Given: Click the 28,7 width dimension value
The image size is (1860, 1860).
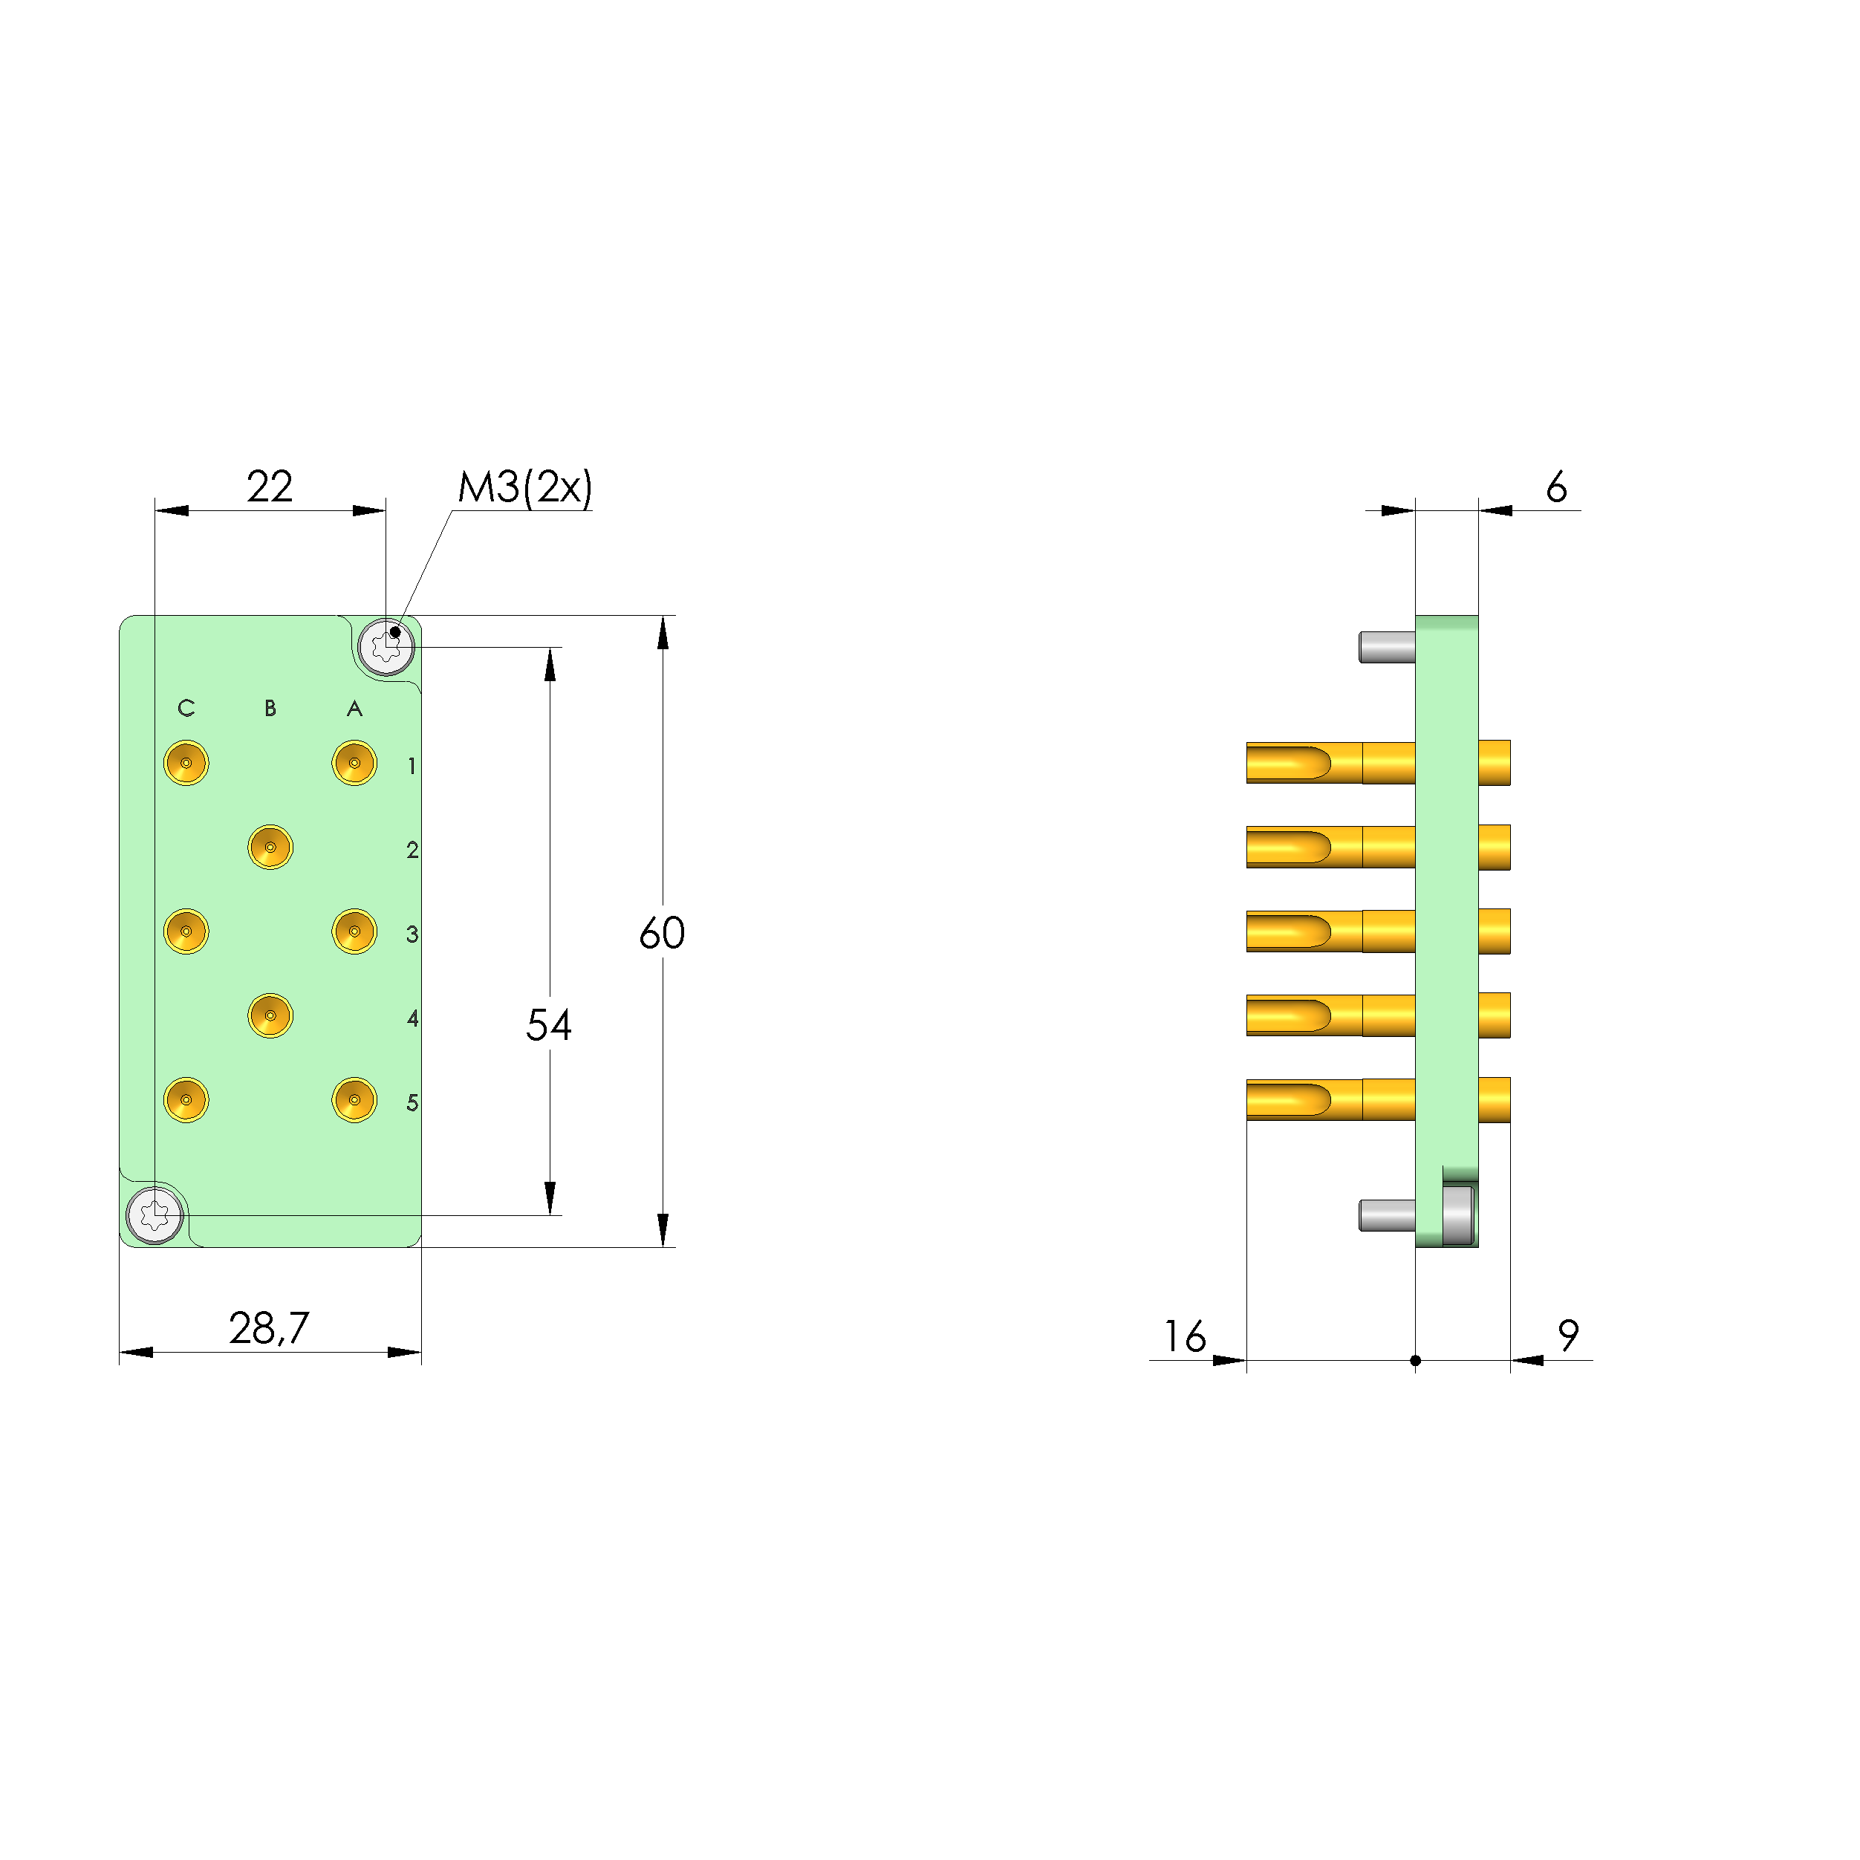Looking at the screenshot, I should (269, 1329).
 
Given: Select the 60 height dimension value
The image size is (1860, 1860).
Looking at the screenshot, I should (663, 933).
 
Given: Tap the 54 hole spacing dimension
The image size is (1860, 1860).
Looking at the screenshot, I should (549, 1025).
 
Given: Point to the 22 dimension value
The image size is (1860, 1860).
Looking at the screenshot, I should (270, 487).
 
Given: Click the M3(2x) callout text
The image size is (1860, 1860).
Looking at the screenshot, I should (524, 487).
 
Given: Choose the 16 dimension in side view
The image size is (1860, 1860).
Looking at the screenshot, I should (1184, 1336).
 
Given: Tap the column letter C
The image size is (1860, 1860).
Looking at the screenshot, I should (186, 709).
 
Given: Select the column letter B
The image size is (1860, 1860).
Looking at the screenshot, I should (270, 709).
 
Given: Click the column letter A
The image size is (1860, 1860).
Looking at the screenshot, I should (354, 709).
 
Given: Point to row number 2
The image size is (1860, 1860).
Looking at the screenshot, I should (412, 850).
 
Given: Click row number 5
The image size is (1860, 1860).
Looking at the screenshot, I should (412, 1102).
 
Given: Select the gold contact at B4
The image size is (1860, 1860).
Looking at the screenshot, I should (270, 1015).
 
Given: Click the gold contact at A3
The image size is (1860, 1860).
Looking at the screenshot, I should (354, 931).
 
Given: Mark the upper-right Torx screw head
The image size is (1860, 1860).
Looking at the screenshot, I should (386, 647).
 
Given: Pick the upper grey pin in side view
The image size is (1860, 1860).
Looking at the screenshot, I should (1386, 647).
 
